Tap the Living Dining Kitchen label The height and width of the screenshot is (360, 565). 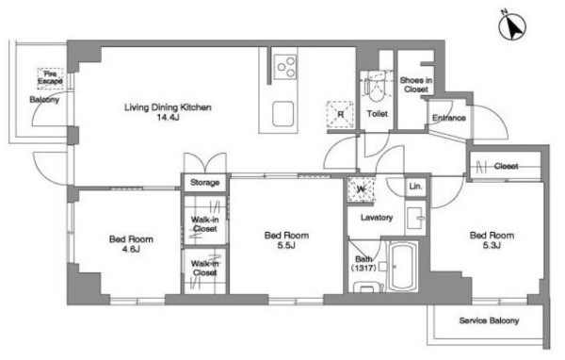[168, 107]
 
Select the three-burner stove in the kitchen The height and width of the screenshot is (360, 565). [285, 67]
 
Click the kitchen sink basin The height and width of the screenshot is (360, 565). [282, 114]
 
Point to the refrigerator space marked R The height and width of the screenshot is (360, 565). [340, 115]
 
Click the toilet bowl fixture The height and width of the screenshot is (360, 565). [377, 88]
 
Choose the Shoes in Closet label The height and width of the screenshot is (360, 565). [416, 85]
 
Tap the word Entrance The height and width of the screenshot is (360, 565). [449, 118]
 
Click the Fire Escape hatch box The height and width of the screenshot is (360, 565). [50, 78]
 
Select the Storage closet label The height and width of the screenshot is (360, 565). [204, 183]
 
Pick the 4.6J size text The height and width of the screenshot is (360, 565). [131, 249]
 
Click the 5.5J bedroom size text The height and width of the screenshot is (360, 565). [286, 246]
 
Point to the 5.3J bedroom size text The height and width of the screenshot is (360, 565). [492, 246]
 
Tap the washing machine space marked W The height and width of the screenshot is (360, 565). [361, 189]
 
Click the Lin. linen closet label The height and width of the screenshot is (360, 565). [415, 187]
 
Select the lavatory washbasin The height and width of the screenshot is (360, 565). [415, 219]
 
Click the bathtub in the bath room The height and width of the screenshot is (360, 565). [404, 267]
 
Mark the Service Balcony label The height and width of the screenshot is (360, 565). [489, 320]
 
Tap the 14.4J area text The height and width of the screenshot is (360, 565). [168, 117]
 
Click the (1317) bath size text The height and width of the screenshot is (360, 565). [363, 268]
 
